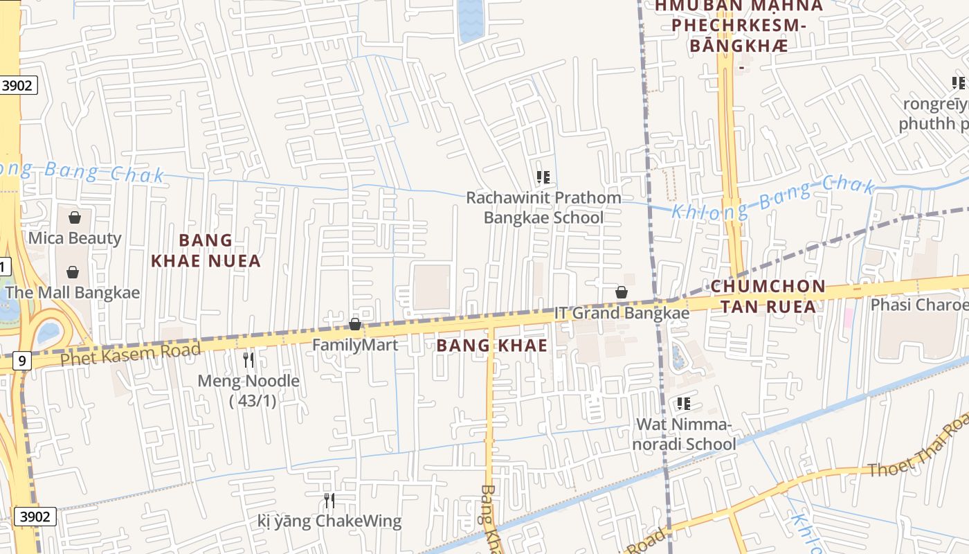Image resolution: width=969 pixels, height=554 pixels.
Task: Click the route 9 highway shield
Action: click(22, 360)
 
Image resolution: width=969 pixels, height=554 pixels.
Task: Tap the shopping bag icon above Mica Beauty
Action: click(75, 217)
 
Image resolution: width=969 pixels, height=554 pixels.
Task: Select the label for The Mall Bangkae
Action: click(73, 292)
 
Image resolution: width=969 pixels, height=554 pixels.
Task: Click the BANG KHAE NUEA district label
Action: click(206, 251)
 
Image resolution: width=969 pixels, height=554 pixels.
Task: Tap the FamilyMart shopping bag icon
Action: click(355, 324)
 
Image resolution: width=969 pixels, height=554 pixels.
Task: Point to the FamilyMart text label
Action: click(355, 344)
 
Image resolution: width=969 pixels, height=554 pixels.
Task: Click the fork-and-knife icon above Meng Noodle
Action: click(249, 360)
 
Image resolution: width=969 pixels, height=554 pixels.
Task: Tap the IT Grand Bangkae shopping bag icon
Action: click(622, 292)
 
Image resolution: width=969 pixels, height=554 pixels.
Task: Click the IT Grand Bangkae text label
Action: click(622, 313)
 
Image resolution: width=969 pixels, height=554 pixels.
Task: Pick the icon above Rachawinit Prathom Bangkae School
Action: click(543, 177)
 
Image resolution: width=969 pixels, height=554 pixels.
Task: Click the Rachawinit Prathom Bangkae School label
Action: click(543, 208)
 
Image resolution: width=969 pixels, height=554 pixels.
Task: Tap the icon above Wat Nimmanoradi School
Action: click(684, 403)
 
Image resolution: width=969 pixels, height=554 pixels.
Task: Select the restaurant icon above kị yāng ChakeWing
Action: click(329, 500)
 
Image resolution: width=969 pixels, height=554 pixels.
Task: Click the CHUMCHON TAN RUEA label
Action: click(768, 296)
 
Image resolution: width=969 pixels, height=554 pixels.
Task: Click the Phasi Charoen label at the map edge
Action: click(919, 305)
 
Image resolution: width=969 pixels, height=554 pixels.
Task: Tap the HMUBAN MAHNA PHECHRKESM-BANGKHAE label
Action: click(739, 26)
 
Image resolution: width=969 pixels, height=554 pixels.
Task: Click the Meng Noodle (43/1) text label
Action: click(249, 391)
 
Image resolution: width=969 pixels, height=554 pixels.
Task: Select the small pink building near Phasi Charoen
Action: click(848, 319)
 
